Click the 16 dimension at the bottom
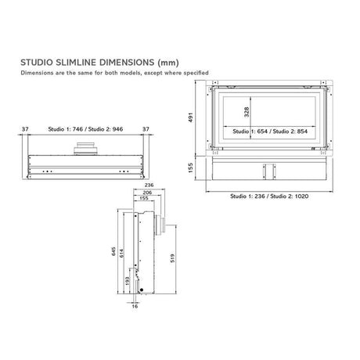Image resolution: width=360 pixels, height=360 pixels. (135, 308)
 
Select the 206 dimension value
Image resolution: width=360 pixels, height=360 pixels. (148, 192)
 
